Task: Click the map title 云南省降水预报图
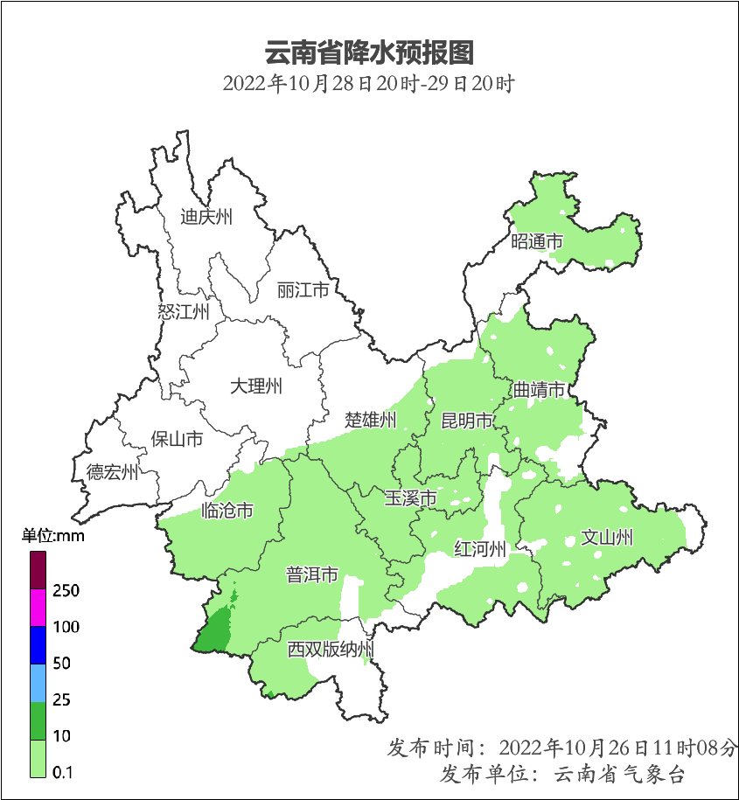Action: (x=369, y=52)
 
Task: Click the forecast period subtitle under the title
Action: (x=368, y=85)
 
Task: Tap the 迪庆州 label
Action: (x=206, y=217)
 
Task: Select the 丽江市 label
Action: (x=303, y=289)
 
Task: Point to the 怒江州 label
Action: (x=184, y=311)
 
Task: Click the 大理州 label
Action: (x=256, y=386)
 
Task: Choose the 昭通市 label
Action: (x=537, y=241)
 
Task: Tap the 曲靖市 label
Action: (x=539, y=389)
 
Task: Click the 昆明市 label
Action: (x=467, y=421)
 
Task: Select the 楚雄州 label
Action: (x=371, y=420)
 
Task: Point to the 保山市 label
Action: (x=177, y=438)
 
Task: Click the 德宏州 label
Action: (x=112, y=473)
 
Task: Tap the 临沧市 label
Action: (x=227, y=510)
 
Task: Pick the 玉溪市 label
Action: (x=411, y=498)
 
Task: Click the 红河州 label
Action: (x=480, y=549)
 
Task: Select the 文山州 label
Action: (x=607, y=537)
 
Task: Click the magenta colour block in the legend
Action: (x=38, y=608)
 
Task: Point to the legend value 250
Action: (x=66, y=591)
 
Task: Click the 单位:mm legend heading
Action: (x=52, y=536)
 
